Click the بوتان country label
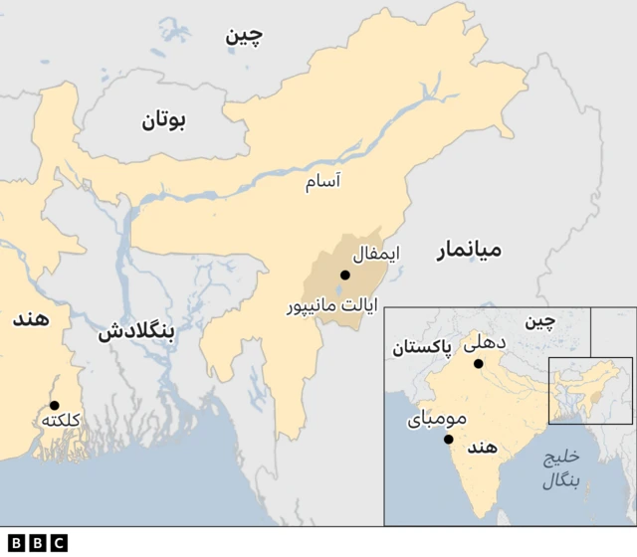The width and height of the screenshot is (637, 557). [163, 121]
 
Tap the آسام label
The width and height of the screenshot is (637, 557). [323, 182]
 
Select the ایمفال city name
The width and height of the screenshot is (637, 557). [375, 254]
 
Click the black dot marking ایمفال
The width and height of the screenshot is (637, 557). [344, 275]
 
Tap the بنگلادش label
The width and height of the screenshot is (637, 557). [136, 333]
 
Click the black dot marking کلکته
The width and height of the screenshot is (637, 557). [54, 405]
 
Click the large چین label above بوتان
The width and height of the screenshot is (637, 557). [244, 37]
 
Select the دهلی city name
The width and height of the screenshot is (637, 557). [486, 343]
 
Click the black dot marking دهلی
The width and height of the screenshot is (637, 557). [478, 363]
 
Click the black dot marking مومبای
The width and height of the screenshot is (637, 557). [449, 440]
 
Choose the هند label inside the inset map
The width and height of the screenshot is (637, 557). [481, 448]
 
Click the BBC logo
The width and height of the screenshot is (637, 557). [34, 542]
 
